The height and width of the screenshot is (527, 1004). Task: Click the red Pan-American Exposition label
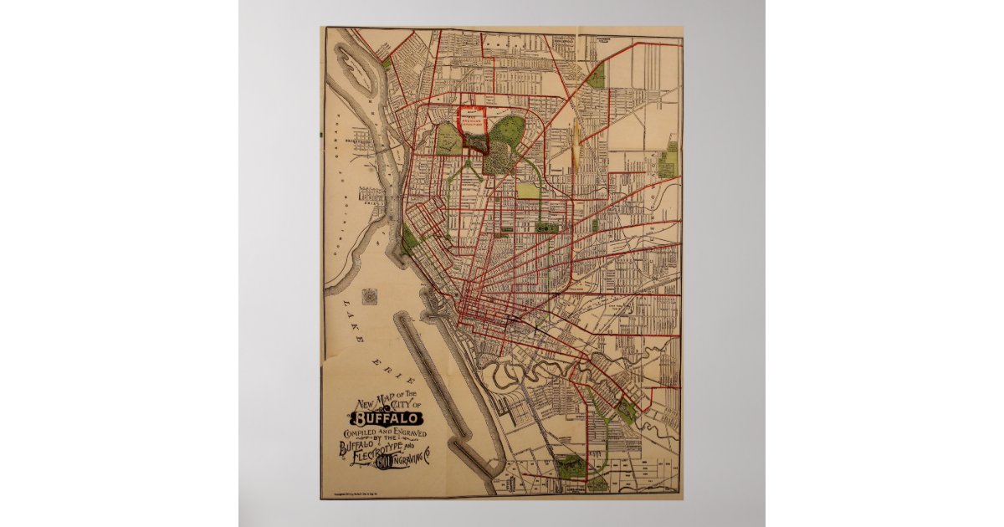tap(474, 117)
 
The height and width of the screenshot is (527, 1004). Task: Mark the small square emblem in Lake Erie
tap(371, 295)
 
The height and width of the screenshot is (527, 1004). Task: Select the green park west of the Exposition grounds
tap(448, 139)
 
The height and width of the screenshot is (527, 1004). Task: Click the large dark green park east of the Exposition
tap(508, 134)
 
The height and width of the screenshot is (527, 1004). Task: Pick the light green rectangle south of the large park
tap(529, 190)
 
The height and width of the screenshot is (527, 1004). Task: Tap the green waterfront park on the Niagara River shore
tap(409, 243)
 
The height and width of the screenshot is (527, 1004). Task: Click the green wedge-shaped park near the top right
tap(597, 77)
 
